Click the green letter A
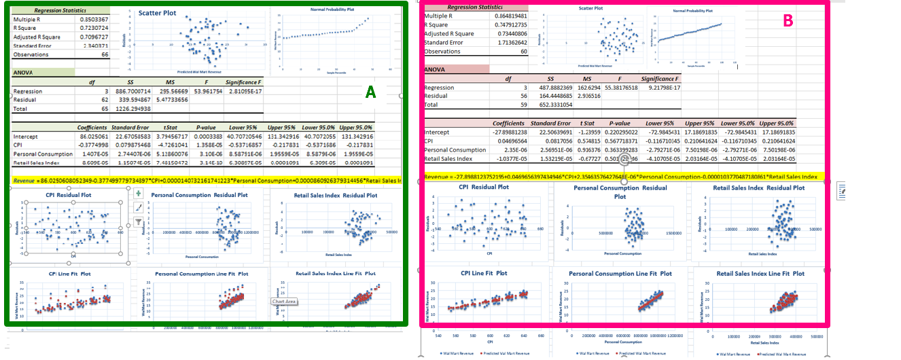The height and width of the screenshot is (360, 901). pyautogui.click(x=370, y=93)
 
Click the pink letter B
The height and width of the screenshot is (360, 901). pyautogui.click(x=788, y=21)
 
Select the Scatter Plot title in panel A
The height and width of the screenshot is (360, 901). pyautogui.click(x=157, y=13)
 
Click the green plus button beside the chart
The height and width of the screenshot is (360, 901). pyautogui.click(x=139, y=194)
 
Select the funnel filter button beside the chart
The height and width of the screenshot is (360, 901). pyautogui.click(x=139, y=222)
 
